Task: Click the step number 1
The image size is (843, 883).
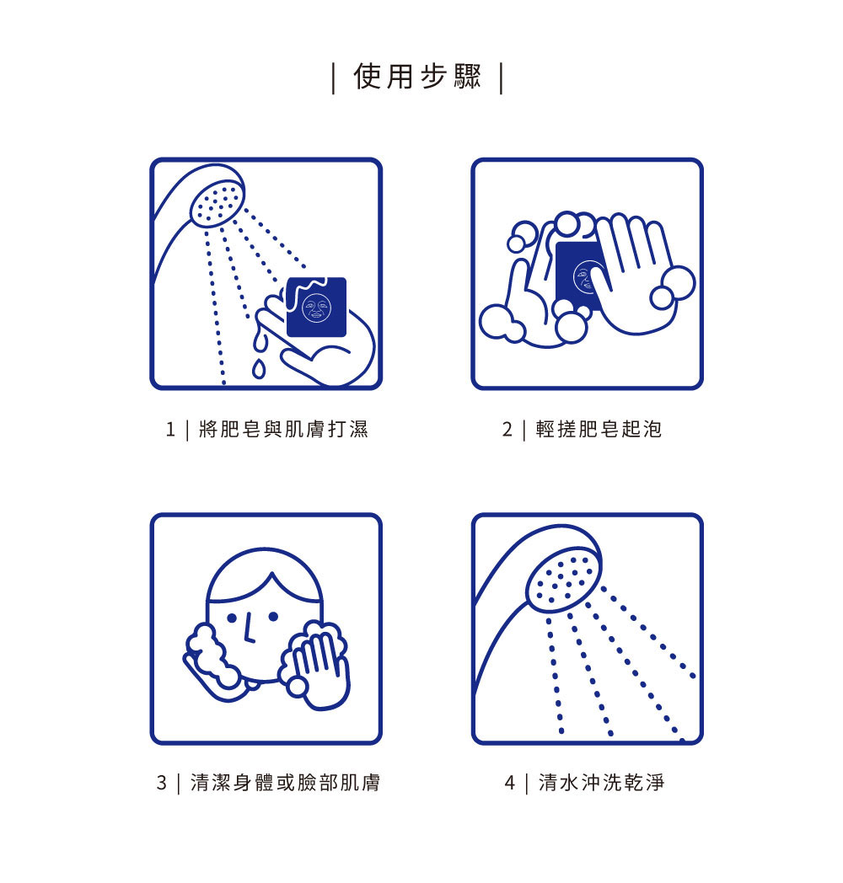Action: point(170,430)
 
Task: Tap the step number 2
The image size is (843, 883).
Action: point(507,430)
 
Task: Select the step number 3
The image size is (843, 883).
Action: point(162,783)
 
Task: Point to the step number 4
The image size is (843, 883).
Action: point(509,783)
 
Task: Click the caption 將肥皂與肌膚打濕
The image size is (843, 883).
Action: point(283,429)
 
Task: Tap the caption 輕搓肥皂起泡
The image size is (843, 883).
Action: point(599,429)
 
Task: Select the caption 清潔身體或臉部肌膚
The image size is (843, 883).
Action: point(285,782)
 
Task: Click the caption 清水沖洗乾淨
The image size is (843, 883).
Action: point(602,782)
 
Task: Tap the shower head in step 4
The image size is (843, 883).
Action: point(563,580)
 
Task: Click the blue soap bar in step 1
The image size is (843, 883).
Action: point(317,307)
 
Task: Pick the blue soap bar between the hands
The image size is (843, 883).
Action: point(577,275)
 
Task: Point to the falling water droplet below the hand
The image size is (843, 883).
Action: point(259,368)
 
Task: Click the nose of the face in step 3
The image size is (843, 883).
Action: point(249,629)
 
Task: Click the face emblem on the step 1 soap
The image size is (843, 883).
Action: point(317,308)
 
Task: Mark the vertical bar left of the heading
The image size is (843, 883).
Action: point(334,78)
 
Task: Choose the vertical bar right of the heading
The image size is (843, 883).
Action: point(501,78)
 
